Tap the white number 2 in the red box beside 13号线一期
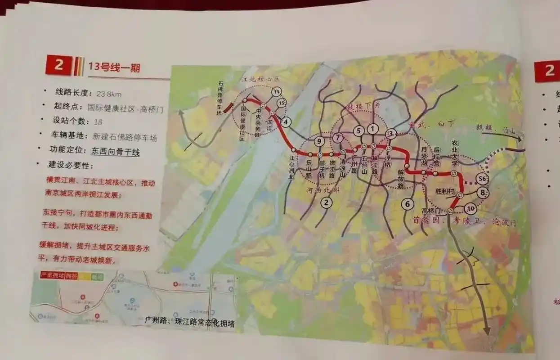click(x=58, y=66)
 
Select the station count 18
click(x=98, y=121)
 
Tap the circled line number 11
click(x=277, y=91)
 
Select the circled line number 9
click(x=318, y=141)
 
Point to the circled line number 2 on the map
click(x=326, y=203)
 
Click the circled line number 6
click(x=407, y=204)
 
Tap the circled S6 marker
click(x=483, y=179)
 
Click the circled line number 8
click(x=483, y=193)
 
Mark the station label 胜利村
click(x=444, y=191)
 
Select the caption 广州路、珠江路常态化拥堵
click(x=189, y=323)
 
